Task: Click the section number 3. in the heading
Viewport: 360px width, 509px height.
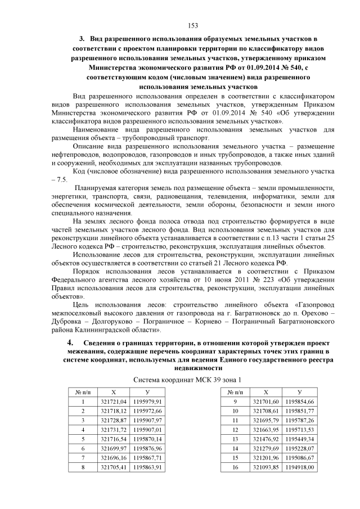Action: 82,39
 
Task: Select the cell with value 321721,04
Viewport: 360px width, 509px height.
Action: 114,402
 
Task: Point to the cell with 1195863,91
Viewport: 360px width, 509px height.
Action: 148,467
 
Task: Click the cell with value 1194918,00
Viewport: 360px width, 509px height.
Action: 299,467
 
